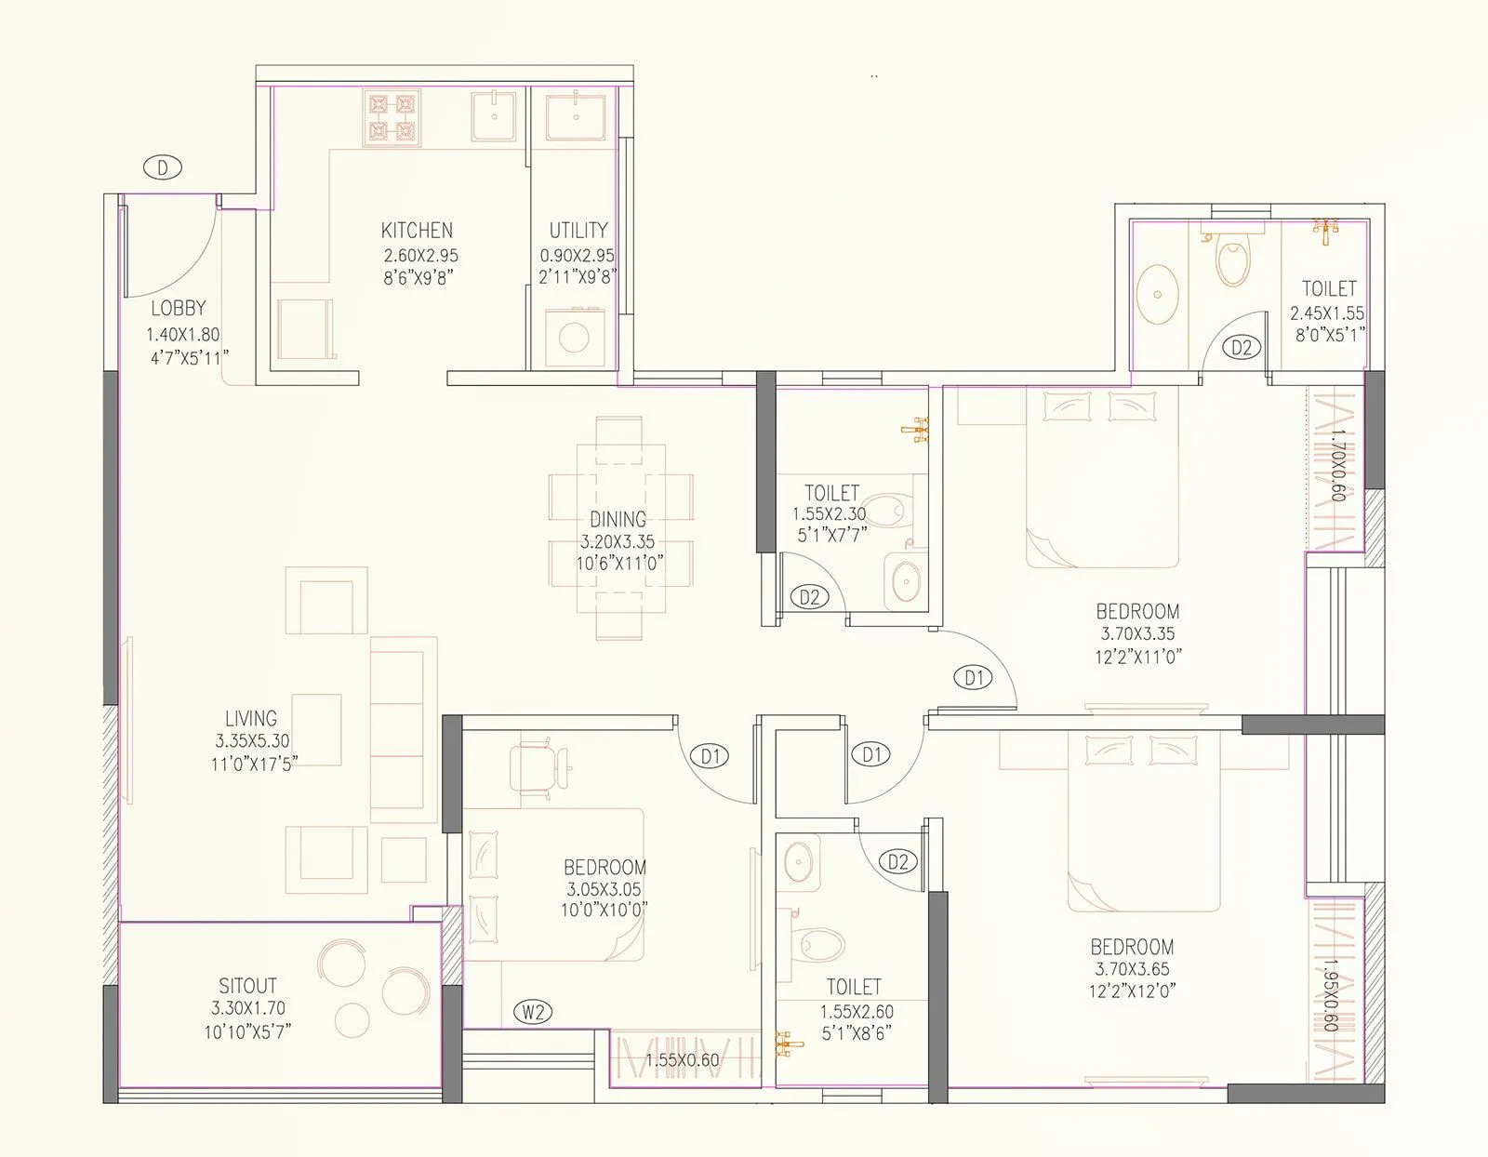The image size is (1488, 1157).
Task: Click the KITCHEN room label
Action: (x=417, y=230)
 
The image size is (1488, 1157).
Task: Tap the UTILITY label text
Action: (x=578, y=230)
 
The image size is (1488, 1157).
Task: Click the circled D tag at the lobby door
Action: (x=163, y=167)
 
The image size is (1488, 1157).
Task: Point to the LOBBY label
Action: (x=178, y=308)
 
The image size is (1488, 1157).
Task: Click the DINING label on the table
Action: (x=618, y=519)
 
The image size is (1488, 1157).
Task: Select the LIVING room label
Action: (x=251, y=718)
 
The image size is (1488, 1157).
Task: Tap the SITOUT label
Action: (x=247, y=986)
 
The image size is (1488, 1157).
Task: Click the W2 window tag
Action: (x=533, y=1012)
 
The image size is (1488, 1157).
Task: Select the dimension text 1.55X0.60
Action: (x=682, y=1059)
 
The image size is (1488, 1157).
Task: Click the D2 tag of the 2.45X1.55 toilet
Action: (x=1241, y=348)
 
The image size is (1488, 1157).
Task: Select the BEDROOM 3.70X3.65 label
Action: (x=1132, y=947)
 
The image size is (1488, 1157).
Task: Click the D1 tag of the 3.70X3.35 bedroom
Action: (x=974, y=678)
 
